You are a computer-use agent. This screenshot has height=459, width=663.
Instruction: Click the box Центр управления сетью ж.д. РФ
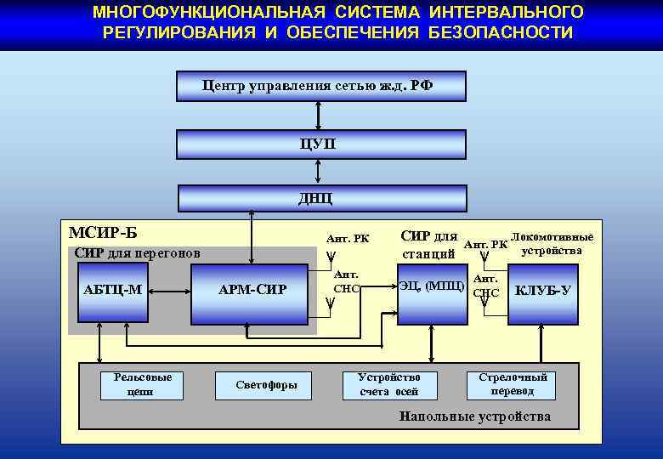321,86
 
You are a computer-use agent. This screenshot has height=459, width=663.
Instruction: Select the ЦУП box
321,144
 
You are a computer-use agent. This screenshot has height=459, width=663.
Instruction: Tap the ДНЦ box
321,198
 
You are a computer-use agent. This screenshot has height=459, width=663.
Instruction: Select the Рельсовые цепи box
136,384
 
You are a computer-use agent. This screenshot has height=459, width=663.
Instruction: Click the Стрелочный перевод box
512,384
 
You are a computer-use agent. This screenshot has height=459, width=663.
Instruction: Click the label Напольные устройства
474,416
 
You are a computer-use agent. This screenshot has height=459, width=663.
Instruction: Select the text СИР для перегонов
137,252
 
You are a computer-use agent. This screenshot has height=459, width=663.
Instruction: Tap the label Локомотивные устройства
552,243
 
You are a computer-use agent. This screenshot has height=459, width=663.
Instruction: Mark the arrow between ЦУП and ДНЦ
318,171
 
